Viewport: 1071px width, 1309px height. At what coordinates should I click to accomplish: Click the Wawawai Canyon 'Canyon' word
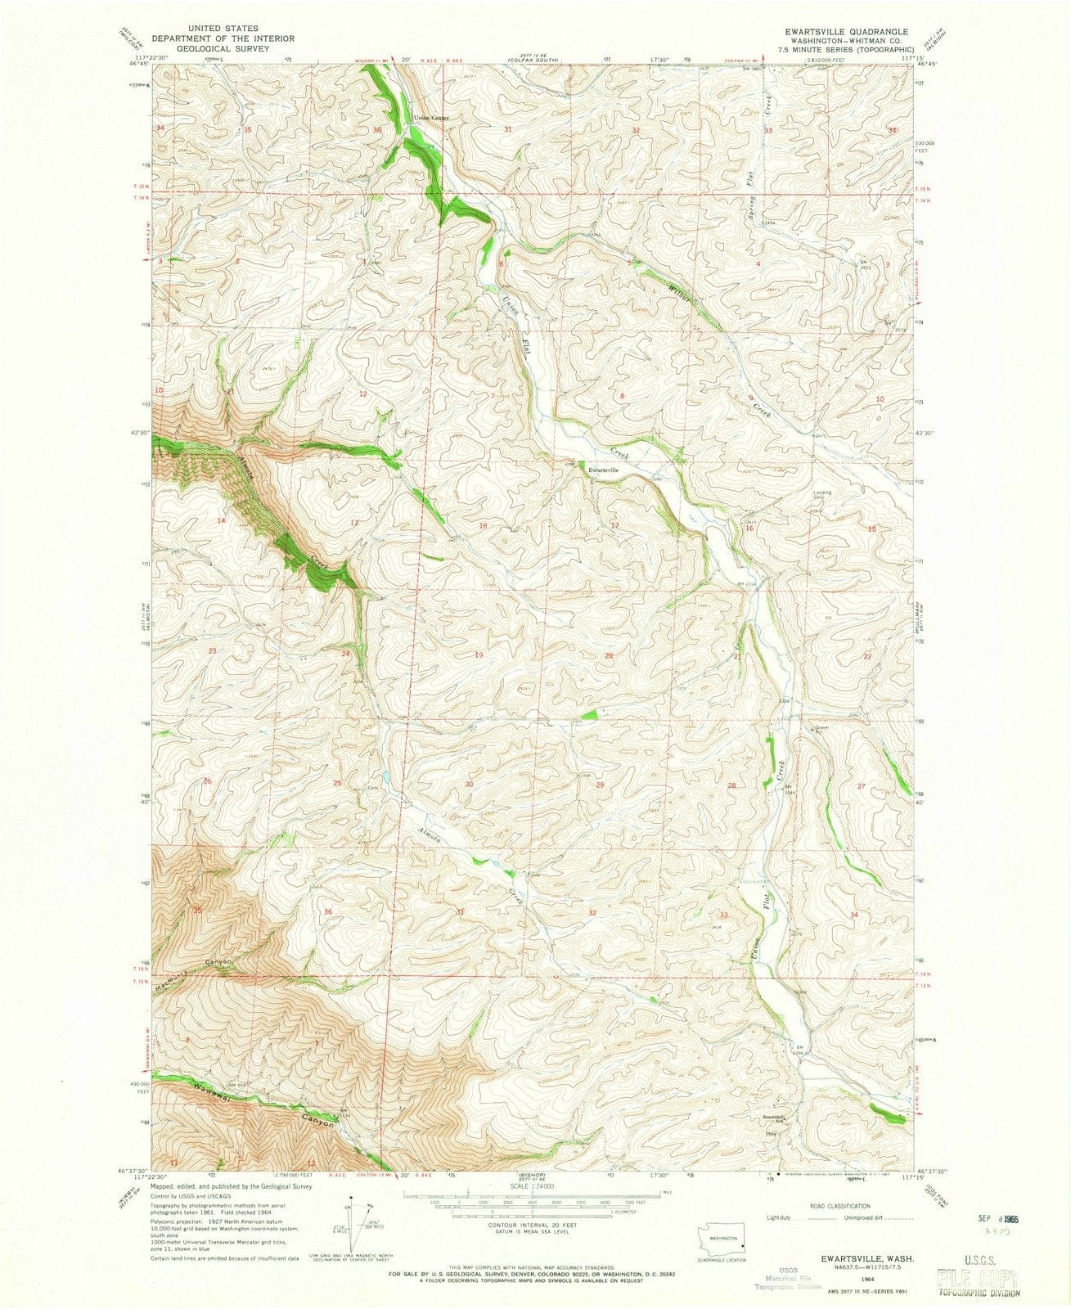[x=317, y=1123]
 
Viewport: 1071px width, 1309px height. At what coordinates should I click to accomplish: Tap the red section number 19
[x=479, y=656]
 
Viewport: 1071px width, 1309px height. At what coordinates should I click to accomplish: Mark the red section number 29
[x=600, y=785]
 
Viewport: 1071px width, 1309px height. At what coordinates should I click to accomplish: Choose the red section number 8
[x=623, y=395]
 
